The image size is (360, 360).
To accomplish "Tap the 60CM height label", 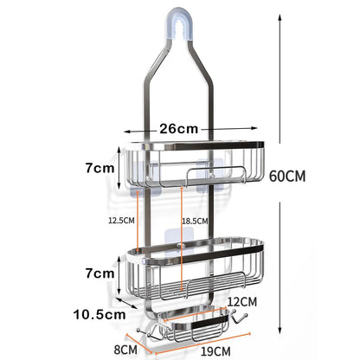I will [286, 177].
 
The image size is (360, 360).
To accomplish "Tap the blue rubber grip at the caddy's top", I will [180, 30].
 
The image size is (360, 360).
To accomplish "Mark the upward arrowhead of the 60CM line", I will [279, 16].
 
